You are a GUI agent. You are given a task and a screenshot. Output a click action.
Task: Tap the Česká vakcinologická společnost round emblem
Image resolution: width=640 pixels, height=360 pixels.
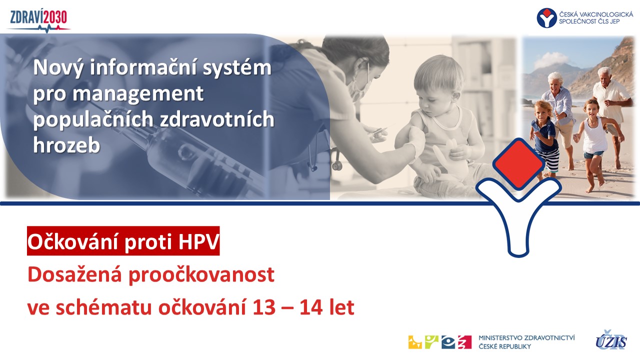(546, 17)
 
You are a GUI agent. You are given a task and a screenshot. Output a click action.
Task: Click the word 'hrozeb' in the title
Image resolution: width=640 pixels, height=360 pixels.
(66, 145)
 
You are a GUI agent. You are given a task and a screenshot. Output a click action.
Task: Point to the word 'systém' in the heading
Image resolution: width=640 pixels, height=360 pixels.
(237, 67)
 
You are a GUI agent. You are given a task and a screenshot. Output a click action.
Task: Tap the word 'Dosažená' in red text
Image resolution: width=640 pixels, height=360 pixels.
(75, 274)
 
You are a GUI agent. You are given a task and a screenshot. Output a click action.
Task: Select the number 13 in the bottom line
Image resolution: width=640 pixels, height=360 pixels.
(264, 307)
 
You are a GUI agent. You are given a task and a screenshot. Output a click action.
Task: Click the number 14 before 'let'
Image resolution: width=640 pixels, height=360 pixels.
(311, 307)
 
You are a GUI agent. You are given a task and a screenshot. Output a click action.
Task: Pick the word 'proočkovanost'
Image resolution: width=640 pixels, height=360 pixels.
(201, 275)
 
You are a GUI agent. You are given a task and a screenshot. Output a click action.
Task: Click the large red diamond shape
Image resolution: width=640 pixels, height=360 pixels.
(518, 163)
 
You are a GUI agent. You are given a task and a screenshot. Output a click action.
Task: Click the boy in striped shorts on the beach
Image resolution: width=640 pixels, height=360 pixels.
(545, 140)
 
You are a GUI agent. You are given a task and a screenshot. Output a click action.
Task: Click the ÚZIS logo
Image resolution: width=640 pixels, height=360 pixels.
(611, 340)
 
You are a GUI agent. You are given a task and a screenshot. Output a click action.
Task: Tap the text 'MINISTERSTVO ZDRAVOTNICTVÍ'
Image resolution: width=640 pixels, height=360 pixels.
(526, 338)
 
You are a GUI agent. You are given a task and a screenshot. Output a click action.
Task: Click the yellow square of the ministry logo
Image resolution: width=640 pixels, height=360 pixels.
(415, 342)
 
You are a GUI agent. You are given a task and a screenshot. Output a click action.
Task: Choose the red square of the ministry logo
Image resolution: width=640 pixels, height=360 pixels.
(464, 342)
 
